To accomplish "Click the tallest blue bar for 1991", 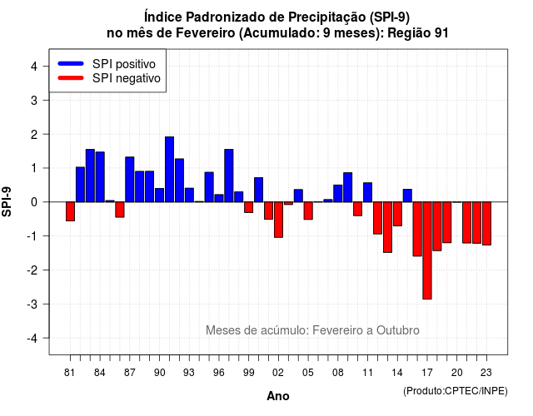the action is point(169,170).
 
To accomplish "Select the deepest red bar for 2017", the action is point(427,250).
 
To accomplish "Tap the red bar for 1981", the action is point(70,211).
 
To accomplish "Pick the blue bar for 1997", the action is point(229,176).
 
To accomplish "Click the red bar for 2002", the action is point(278,220).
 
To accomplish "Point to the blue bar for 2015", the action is point(407,196).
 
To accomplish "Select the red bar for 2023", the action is point(486,224).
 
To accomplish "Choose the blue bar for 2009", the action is point(348,187).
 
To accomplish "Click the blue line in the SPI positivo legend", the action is point(71,63).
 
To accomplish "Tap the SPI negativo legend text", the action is point(127,78).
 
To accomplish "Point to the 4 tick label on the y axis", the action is point(34,67).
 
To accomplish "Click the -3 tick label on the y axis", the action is point(32,304).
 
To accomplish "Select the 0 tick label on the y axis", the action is point(34,202).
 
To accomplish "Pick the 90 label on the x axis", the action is point(159,373).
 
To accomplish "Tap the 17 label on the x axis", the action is point(427,373).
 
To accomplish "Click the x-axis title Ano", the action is point(278,396).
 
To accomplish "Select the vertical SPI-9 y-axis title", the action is point(7,201).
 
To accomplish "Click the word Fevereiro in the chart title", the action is point(206,33).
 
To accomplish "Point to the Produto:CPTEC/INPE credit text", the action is point(456,391).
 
